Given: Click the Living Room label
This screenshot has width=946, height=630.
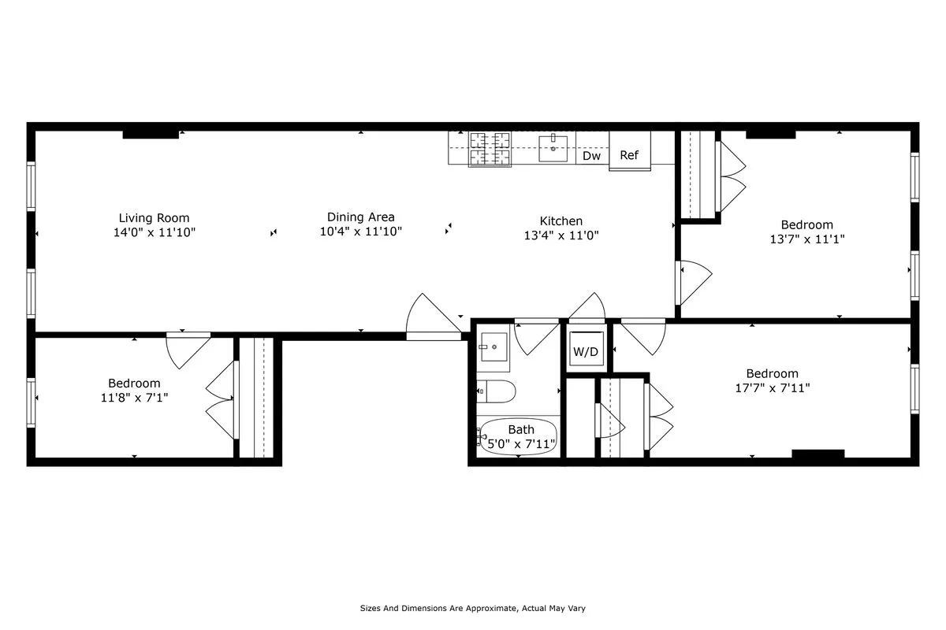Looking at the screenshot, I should pyautogui.click(x=154, y=218).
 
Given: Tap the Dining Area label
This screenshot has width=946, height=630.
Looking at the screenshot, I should pyautogui.click(x=361, y=217).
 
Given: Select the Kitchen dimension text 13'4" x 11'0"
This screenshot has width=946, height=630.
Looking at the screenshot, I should pyautogui.click(x=561, y=235).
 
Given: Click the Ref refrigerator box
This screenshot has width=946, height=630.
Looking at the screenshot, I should pyautogui.click(x=629, y=156).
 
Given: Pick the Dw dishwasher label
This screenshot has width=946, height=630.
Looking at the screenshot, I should pyautogui.click(x=591, y=156).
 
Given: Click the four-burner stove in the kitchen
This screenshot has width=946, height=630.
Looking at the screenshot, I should pyautogui.click(x=490, y=148).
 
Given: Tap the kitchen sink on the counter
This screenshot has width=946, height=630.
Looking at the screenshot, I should pyautogui.click(x=553, y=148).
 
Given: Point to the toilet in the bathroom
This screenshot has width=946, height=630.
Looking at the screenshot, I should pyautogui.click(x=497, y=390).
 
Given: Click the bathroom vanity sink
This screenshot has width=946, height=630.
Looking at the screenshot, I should pyautogui.click(x=493, y=346).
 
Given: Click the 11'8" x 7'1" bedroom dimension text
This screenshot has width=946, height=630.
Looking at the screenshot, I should pyautogui.click(x=134, y=398).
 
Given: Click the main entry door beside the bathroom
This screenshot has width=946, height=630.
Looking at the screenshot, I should pyautogui.click(x=431, y=319).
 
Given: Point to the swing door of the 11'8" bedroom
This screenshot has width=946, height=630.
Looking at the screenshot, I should pyautogui.click(x=188, y=348).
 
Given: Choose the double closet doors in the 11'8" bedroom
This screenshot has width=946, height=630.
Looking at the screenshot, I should pyautogui.click(x=222, y=399).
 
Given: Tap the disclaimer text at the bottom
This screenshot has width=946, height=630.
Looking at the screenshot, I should pyautogui.click(x=472, y=609).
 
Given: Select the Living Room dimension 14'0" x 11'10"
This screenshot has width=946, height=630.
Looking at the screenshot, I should pyautogui.click(x=154, y=232).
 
